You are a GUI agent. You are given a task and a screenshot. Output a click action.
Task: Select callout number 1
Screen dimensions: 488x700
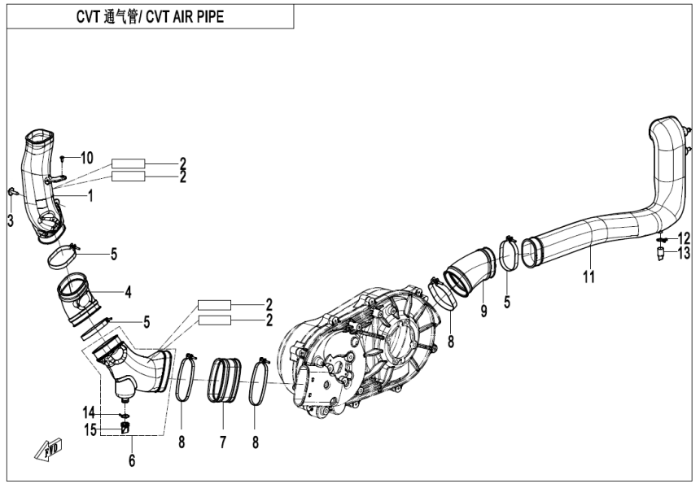[x=90, y=195]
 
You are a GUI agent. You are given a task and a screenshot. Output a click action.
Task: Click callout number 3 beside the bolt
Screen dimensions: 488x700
[x=10, y=220]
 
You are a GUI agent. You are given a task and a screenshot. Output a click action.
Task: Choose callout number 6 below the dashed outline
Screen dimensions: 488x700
[x=132, y=461]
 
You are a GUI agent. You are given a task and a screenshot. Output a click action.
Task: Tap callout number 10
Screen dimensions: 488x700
[x=87, y=156]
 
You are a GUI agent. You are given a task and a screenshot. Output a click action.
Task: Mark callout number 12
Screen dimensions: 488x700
[x=685, y=238]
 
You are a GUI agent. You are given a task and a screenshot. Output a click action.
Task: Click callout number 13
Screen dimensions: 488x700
[x=685, y=254]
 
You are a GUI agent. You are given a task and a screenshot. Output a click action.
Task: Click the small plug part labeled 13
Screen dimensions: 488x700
[x=660, y=254]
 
